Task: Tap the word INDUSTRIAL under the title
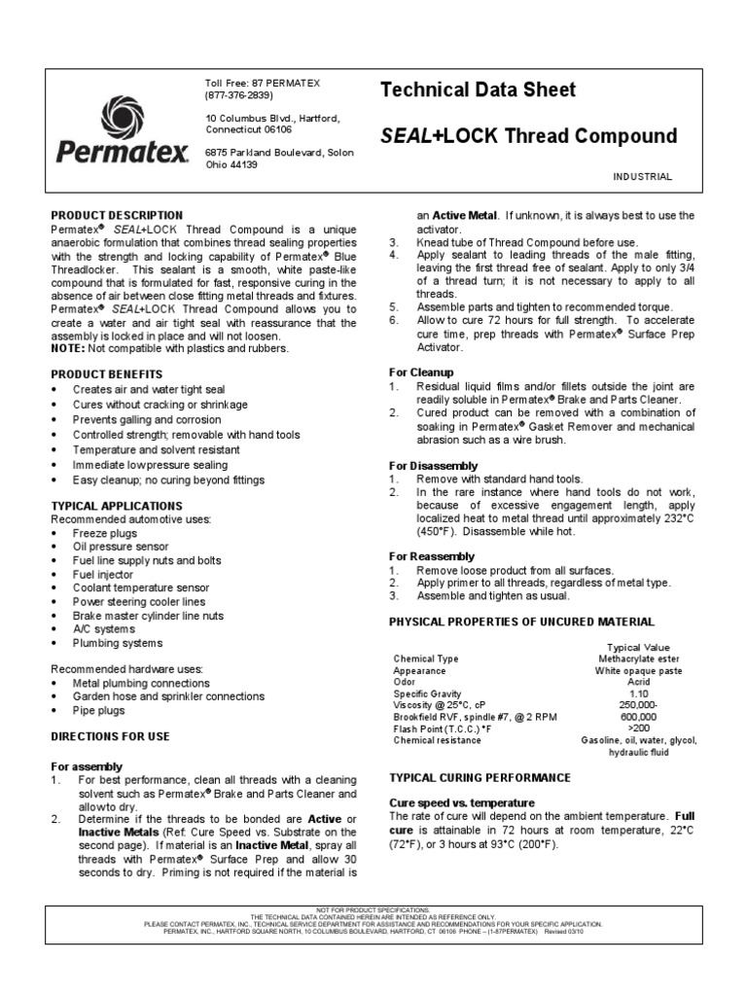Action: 642,176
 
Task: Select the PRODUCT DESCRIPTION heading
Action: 116,215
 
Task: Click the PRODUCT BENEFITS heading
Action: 106,373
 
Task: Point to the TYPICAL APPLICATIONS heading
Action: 116,506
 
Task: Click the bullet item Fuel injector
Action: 103,575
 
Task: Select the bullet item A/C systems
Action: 103,629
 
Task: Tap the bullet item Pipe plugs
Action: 99,710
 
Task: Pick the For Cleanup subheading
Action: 422,373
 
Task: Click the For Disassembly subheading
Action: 432,466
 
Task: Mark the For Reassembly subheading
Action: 432,555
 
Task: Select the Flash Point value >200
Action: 638,727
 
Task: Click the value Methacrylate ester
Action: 638,659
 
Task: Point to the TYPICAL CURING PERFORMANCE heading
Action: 479,778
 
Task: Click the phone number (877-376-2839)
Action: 239,95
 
